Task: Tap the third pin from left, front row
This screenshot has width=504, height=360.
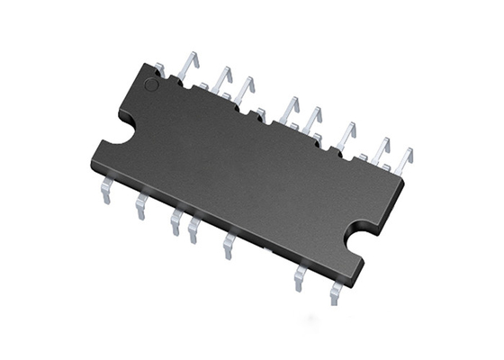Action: point(176,220)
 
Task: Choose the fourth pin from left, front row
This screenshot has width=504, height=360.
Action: point(193,229)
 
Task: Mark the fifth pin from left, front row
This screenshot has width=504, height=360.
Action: point(229,244)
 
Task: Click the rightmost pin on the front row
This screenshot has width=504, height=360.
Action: point(335,291)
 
